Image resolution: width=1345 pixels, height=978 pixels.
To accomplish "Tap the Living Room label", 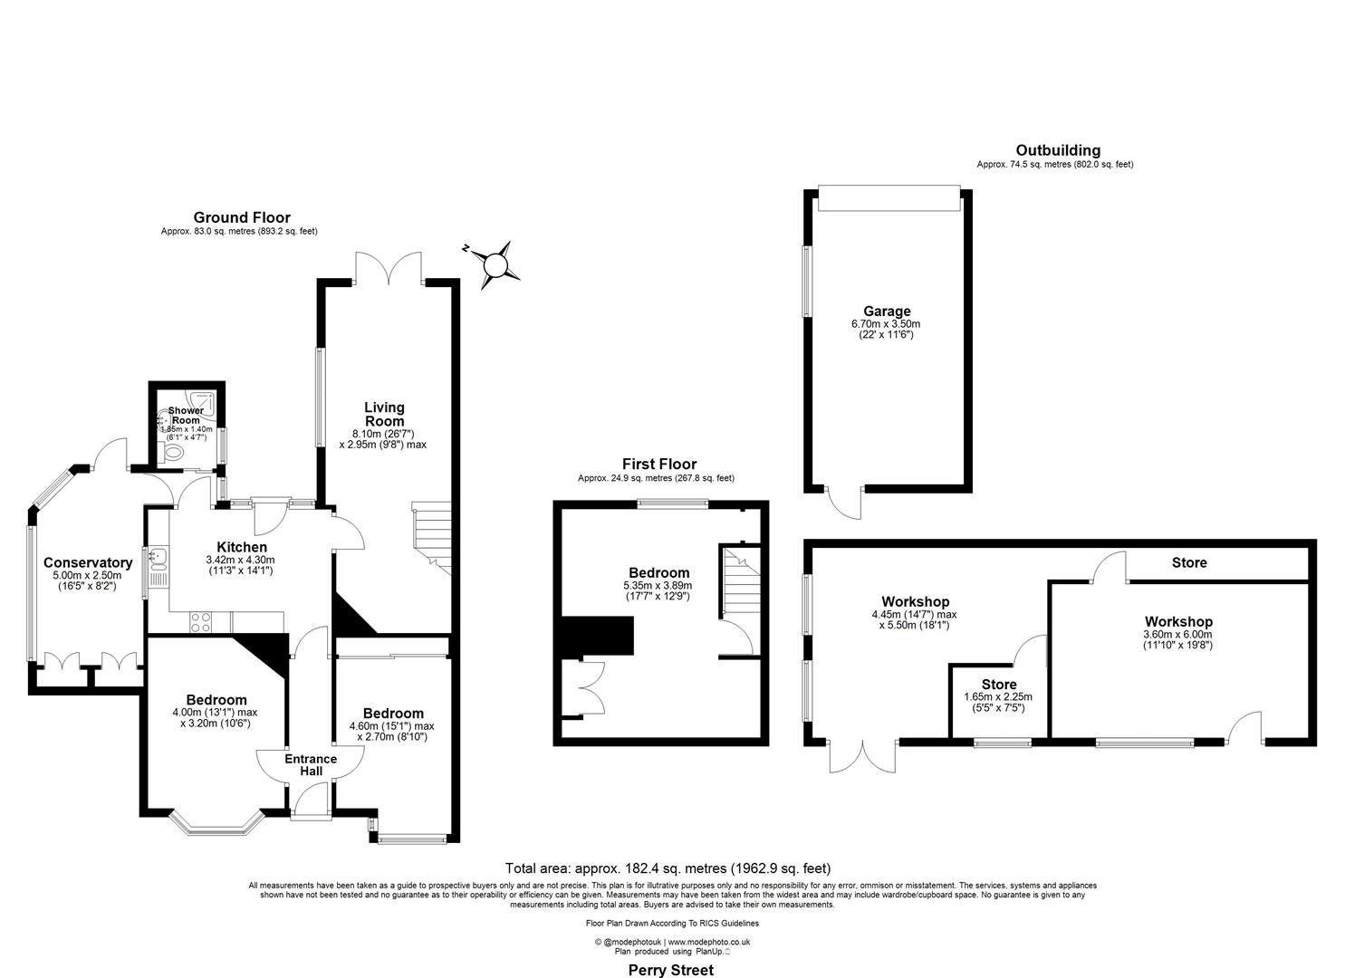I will tap(384, 414).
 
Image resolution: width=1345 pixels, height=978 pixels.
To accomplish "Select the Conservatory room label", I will tap(88, 562).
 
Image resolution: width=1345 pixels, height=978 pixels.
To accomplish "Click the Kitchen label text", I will tap(242, 547).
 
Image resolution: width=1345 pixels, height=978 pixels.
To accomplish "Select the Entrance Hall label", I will tap(311, 765).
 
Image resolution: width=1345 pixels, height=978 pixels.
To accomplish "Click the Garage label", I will tap(887, 311).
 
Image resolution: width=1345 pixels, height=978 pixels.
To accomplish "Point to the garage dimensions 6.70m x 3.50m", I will tap(886, 323).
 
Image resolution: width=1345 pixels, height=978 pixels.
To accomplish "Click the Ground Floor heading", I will tap(242, 217).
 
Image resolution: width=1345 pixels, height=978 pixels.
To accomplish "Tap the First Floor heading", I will tap(658, 465).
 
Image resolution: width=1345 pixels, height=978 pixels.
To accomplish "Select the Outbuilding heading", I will tap(1057, 150).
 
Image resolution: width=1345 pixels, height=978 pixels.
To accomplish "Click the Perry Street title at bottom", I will tap(671, 970).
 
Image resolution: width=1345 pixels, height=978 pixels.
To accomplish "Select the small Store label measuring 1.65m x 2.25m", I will tap(998, 685).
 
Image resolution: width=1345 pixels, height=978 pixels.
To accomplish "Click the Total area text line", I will tap(668, 868).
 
